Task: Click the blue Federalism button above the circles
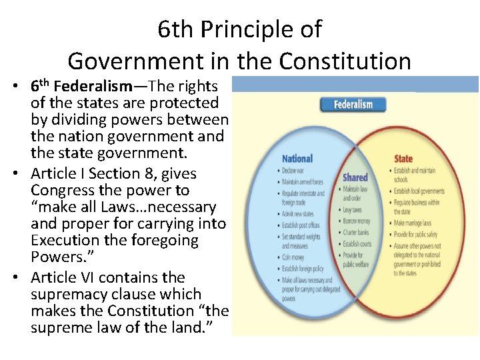(353, 104)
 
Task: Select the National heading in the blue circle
(297, 159)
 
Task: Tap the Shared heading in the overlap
(355, 177)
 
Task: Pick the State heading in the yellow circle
(403, 159)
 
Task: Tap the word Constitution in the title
(345, 61)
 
